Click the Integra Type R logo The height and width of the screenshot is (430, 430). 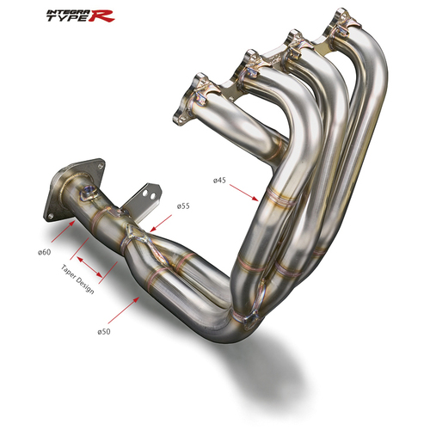(x=81, y=15)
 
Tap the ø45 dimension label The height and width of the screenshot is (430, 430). (x=219, y=181)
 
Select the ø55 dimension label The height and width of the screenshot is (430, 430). (x=183, y=206)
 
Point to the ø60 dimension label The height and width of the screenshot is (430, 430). (x=45, y=252)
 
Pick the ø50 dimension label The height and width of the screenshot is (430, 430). (x=104, y=332)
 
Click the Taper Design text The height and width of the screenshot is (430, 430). (x=77, y=279)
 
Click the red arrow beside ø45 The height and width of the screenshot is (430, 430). (x=243, y=193)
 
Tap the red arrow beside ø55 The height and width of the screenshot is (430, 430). (x=161, y=224)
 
